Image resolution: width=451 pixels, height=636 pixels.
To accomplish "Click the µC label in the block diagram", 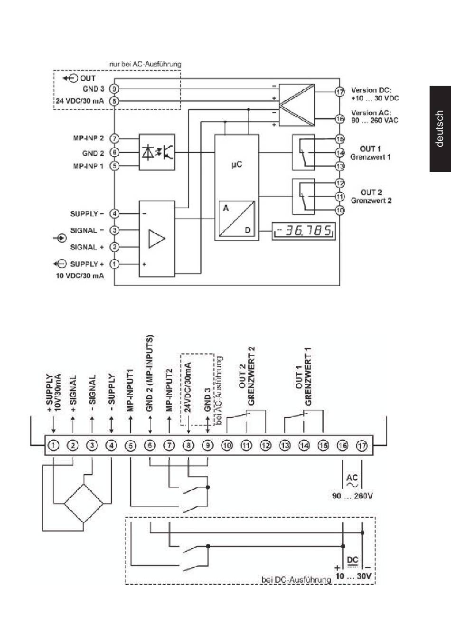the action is [237, 165].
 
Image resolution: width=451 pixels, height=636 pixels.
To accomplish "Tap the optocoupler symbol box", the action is [157, 152].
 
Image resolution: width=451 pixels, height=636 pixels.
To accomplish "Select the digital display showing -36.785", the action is [303, 231].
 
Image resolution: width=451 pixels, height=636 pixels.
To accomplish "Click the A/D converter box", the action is [237, 218].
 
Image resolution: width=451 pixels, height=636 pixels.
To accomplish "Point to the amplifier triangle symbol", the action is [156, 239].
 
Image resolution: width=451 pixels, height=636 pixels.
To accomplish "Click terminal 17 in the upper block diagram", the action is [340, 92].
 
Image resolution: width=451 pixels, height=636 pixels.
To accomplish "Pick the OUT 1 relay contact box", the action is [303, 152].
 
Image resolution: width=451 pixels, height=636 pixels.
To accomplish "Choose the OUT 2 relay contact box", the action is [303, 197].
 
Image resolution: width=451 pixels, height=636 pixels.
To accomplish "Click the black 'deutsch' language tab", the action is [440, 129].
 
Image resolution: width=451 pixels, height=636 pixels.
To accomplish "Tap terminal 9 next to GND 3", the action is [114, 89].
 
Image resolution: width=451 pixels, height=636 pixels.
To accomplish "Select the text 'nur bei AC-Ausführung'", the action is [145, 64].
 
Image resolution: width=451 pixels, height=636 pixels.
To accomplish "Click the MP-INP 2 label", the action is [89, 138].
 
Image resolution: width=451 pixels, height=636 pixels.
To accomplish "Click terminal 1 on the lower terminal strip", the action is [54, 446].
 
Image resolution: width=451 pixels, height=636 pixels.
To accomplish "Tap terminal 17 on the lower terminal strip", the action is [362, 446].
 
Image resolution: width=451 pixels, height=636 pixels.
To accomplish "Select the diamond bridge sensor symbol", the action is [84, 503].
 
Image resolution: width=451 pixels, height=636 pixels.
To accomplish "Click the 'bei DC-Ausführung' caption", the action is [296, 579].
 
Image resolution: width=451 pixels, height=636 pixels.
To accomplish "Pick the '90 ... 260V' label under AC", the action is [352, 496].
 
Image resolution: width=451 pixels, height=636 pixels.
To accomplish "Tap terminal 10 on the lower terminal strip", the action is [226, 446].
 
